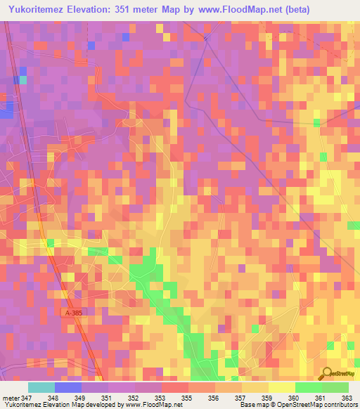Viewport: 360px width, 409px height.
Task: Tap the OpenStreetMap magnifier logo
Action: coord(328,372)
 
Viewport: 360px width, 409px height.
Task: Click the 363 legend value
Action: coord(346,398)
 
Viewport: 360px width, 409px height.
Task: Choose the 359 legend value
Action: coord(266,398)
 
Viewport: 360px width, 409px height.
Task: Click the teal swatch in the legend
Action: coord(41,387)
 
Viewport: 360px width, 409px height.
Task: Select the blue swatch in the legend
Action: coord(68,387)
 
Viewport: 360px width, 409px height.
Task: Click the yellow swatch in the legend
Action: coord(282,387)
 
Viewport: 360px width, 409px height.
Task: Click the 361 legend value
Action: coord(319,398)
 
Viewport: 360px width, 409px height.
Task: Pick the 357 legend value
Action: coord(239,398)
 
